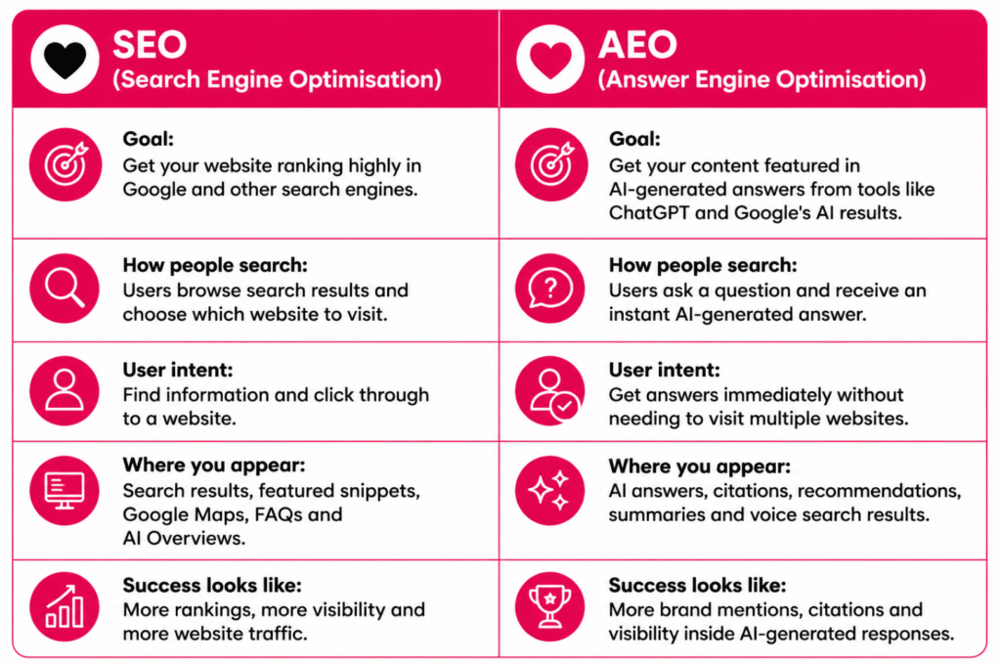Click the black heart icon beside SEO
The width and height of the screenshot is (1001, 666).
point(65,60)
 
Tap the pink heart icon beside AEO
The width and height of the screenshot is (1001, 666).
point(550,60)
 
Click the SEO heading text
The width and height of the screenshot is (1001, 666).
point(150,45)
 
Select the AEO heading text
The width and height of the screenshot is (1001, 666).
point(637,45)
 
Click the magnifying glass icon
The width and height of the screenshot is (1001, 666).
point(65,289)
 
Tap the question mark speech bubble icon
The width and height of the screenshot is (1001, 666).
point(550,289)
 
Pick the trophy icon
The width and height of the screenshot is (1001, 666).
point(550,606)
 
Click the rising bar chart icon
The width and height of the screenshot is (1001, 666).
point(65,606)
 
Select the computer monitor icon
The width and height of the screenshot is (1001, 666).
point(65,491)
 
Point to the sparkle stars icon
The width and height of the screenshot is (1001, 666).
point(550,491)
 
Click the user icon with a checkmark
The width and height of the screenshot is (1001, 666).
point(550,391)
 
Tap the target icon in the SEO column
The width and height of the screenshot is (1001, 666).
point(65,164)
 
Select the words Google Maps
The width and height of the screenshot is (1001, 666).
point(183,514)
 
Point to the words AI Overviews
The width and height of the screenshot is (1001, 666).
point(184,538)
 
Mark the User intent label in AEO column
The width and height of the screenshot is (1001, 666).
point(664,370)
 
